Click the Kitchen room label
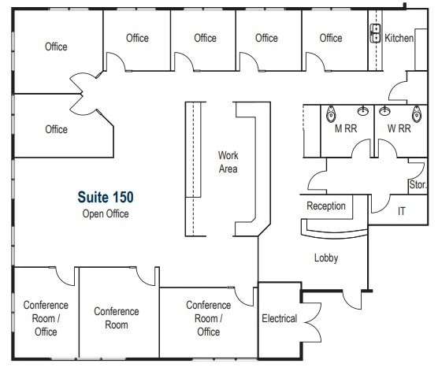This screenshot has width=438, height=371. point(399,38)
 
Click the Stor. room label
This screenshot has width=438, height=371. point(418,185)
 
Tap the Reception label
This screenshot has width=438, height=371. point(326,206)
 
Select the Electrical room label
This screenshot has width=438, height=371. point(279,318)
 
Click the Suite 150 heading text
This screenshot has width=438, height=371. point(106,196)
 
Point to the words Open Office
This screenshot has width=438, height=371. point(106,213)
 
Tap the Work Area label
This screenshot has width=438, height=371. point(228,162)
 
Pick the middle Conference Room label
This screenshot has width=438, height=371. point(117,317)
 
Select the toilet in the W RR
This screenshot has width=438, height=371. point(417,113)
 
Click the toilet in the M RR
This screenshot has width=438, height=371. point(330,113)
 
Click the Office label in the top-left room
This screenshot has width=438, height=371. point(56,46)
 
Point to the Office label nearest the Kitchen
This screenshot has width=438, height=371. point(331,38)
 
